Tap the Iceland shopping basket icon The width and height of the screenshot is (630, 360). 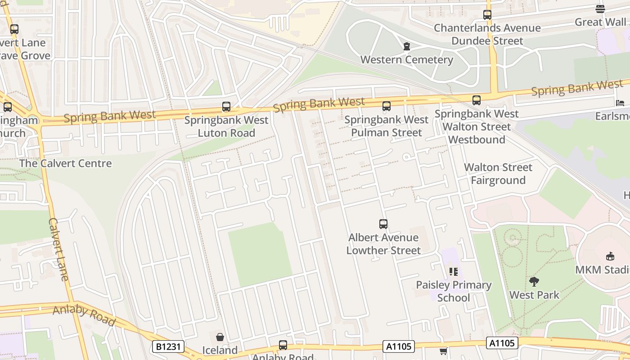point(220,337)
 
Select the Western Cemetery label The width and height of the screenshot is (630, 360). point(406,59)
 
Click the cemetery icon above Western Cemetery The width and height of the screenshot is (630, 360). point(407,46)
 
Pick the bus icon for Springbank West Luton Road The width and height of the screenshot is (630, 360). point(226,107)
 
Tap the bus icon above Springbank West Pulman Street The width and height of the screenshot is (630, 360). point(386,106)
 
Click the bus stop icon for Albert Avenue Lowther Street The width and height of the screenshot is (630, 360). point(383,224)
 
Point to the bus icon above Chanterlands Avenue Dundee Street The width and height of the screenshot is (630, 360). point(487,14)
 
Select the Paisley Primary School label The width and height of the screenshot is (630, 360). point(453,291)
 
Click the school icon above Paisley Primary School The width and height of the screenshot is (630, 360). point(453,271)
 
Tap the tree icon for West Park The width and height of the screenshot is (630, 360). point(534,282)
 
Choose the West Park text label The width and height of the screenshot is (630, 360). point(534,295)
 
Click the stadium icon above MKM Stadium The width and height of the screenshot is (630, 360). point(610,256)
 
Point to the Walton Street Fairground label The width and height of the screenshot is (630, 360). point(498,174)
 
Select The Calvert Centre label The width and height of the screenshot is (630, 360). point(65,163)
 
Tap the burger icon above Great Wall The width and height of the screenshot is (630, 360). point(600,9)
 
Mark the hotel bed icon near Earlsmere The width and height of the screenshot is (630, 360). point(620,103)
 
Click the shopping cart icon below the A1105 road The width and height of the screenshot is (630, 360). point(443,351)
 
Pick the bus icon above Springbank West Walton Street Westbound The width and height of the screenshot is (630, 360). point(477,100)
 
